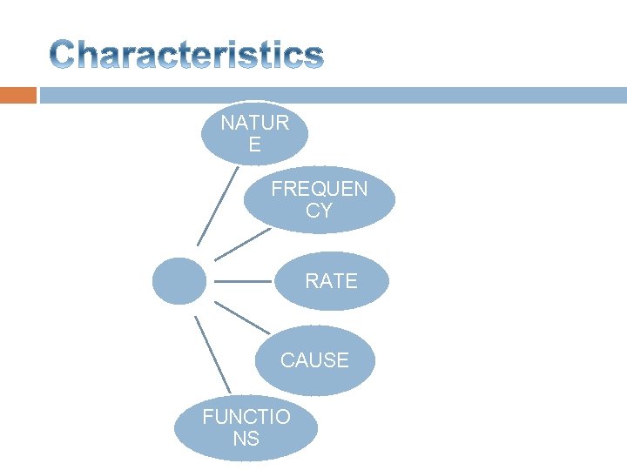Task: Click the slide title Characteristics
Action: coord(186,56)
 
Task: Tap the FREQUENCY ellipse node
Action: coord(319,200)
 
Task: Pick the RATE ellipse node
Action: coord(331,281)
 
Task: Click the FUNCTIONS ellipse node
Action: coord(246,427)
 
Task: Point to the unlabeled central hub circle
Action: coord(179,281)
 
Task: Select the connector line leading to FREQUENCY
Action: coord(242,245)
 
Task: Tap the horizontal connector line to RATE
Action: coord(242,281)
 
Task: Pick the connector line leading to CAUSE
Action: coord(242,318)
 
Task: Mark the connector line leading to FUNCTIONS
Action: coord(212,354)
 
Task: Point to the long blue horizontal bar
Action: coord(331,95)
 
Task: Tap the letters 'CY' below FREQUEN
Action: coord(319,211)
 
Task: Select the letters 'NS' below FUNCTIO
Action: coord(246,439)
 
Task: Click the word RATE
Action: coord(331,281)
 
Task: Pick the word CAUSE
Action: coord(314,360)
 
